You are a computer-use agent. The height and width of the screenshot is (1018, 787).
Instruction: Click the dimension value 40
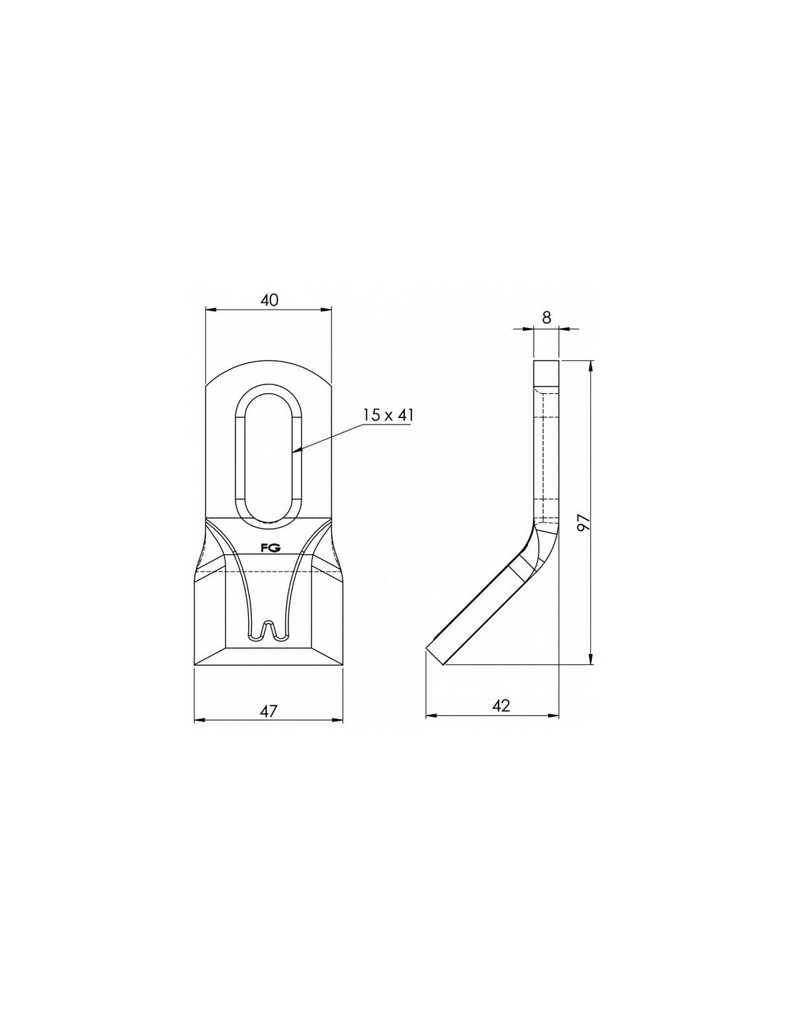[x=269, y=300]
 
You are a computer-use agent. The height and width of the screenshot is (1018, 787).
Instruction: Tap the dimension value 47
[x=268, y=724]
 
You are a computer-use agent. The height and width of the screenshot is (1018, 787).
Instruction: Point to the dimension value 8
[x=546, y=317]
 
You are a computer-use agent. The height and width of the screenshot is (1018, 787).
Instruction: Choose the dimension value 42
[x=501, y=719]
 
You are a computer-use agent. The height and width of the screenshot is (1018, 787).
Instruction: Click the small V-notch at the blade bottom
[x=268, y=629]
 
